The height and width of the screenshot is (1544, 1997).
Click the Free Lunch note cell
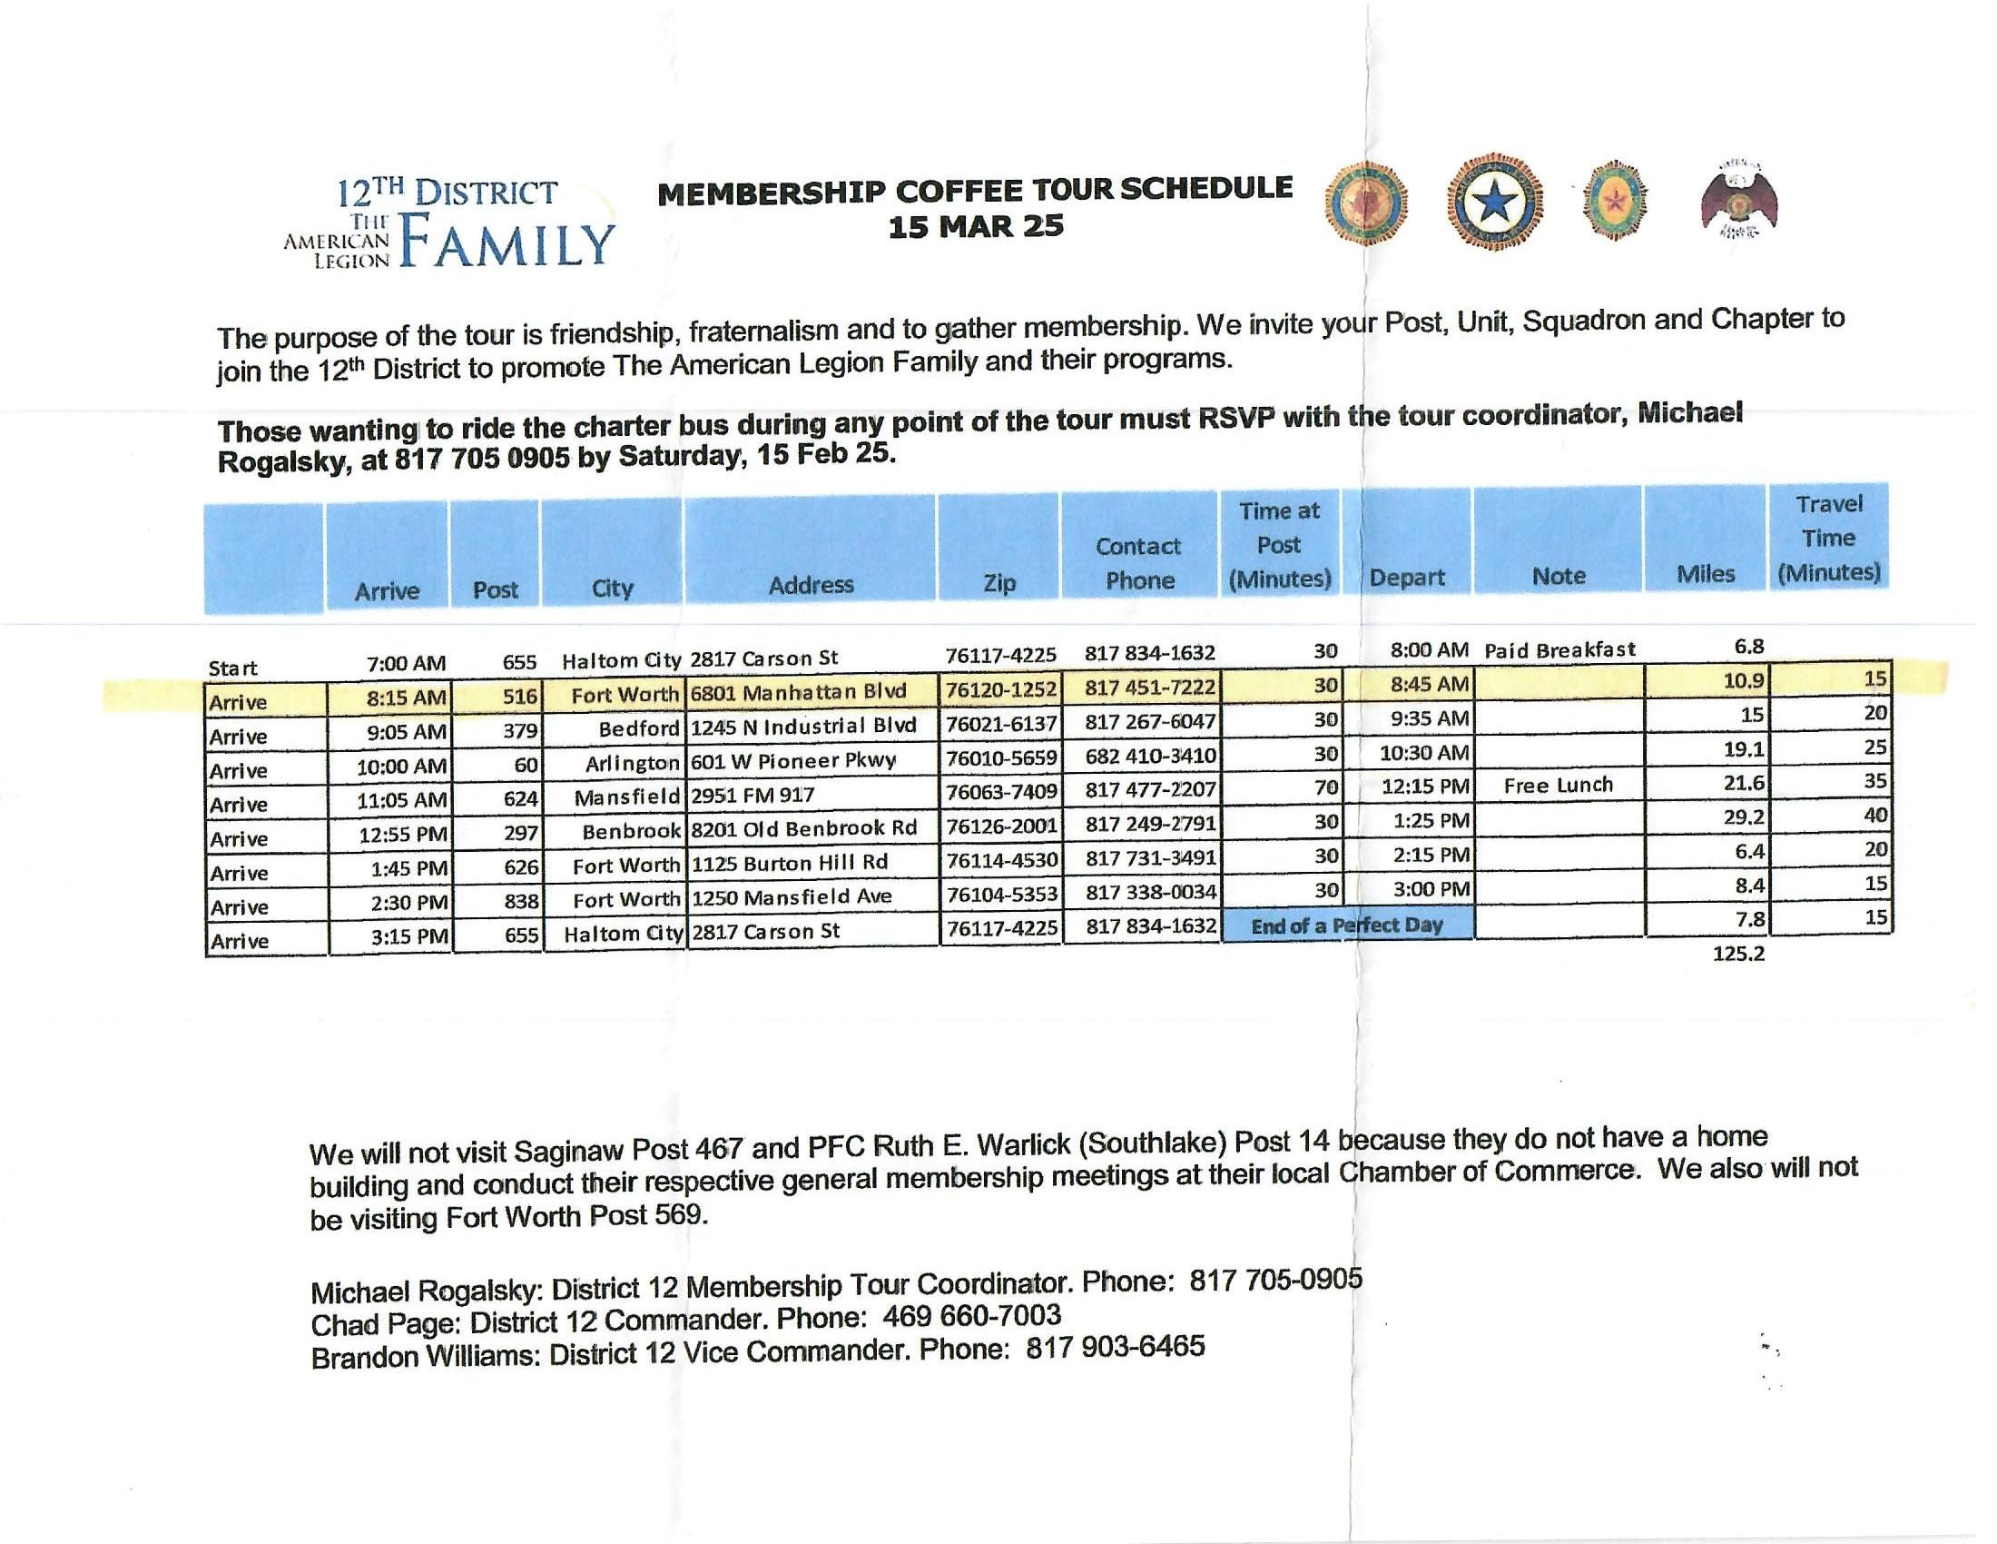(x=1558, y=785)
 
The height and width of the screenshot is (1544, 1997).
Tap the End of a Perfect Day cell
(x=1347, y=925)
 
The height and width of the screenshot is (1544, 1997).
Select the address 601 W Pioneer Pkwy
(x=792, y=761)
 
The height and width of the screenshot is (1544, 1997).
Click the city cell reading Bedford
(x=638, y=728)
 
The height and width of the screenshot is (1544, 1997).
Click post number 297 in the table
(x=520, y=833)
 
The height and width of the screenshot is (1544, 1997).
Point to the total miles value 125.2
(x=1738, y=954)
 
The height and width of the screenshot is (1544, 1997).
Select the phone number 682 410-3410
(x=1150, y=756)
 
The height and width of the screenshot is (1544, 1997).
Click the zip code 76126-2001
(x=1001, y=826)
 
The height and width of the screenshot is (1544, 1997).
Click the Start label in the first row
(x=232, y=668)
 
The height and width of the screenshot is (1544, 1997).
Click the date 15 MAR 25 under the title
(x=976, y=225)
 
